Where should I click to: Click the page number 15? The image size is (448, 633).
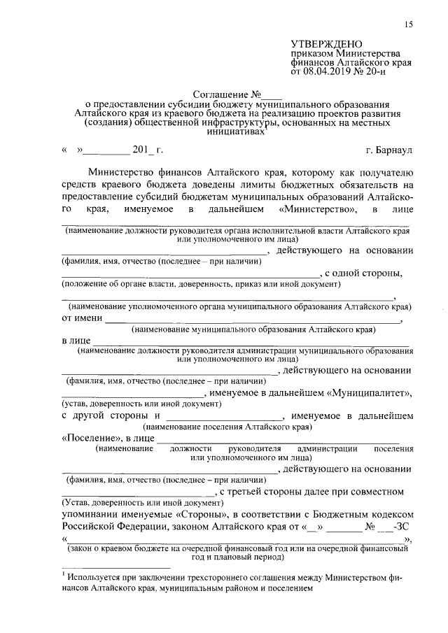[x=407, y=25]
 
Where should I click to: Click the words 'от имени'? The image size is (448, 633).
[x=81, y=319]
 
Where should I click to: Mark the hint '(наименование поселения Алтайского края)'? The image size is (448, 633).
[x=227, y=426]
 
